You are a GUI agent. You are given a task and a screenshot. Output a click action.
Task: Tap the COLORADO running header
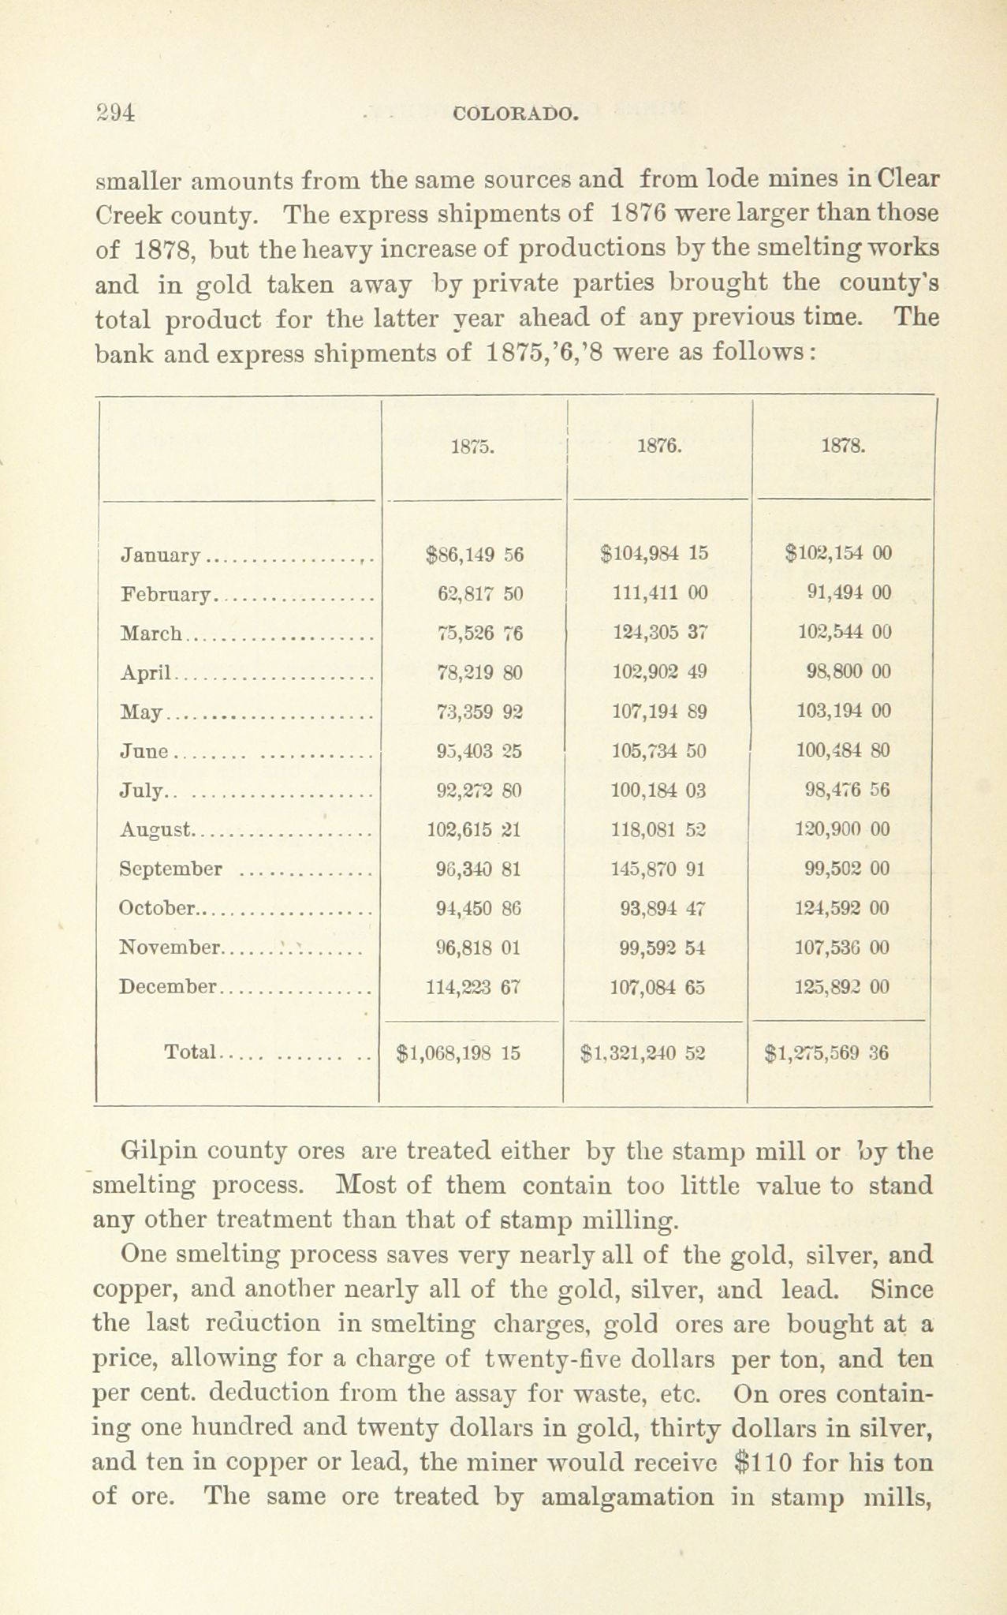pos(517,114)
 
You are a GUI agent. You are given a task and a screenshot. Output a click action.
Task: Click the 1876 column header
pos(658,446)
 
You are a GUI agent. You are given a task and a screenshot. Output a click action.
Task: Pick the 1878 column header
pos(844,446)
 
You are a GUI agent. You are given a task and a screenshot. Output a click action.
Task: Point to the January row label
pos(161,555)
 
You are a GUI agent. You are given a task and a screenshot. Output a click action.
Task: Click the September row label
pos(171,869)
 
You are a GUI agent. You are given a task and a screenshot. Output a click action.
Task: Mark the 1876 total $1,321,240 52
pos(642,1052)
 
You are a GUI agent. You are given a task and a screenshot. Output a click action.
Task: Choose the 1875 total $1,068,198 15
pos(458,1052)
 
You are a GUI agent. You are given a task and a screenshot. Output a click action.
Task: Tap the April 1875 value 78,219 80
pos(479,672)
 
